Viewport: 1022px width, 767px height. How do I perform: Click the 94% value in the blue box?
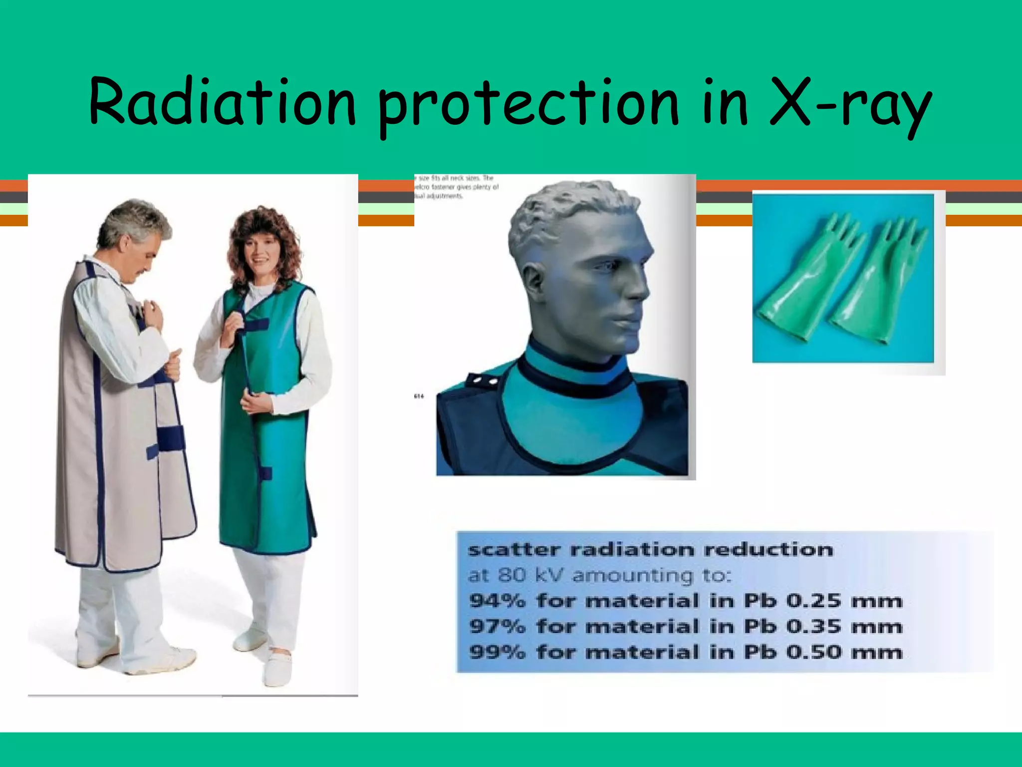pyautogui.click(x=497, y=601)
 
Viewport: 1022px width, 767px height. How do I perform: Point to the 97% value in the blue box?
pyautogui.click(x=497, y=626)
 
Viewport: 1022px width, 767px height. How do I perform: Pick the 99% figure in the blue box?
pyautogui.click(x=497, y=652)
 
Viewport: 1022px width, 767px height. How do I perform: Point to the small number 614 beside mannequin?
pyautogui.click(x=419, y=396)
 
